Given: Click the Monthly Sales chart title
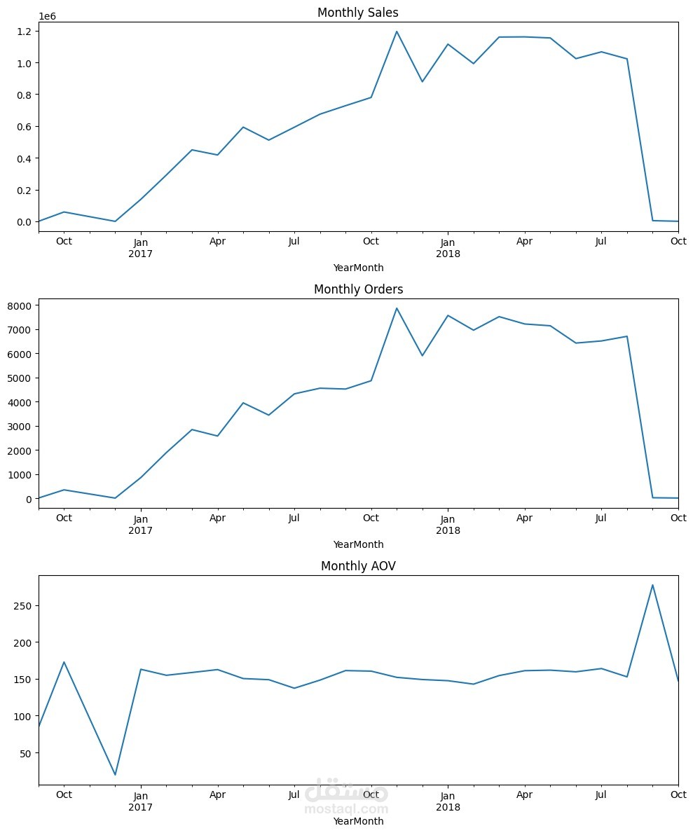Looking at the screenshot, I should (358, 13).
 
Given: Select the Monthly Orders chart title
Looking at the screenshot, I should (358, 289).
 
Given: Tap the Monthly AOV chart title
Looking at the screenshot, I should (358, 566).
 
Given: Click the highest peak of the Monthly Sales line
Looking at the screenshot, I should (397, 32).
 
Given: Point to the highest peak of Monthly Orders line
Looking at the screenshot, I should (397, 308).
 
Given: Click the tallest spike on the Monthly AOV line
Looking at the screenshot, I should (652, 585).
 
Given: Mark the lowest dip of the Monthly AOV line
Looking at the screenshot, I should (115, 775).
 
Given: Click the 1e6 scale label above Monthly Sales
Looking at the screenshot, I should (48, 15).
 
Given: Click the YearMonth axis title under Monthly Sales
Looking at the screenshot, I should (358, 268).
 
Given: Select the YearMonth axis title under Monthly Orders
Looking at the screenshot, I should (358, 544).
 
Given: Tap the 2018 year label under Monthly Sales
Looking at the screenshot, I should (448, 254).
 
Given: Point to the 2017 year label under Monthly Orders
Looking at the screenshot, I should (141, 530).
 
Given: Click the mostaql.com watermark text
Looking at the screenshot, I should (346, 808).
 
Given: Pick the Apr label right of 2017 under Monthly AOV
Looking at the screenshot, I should (218, 795).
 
